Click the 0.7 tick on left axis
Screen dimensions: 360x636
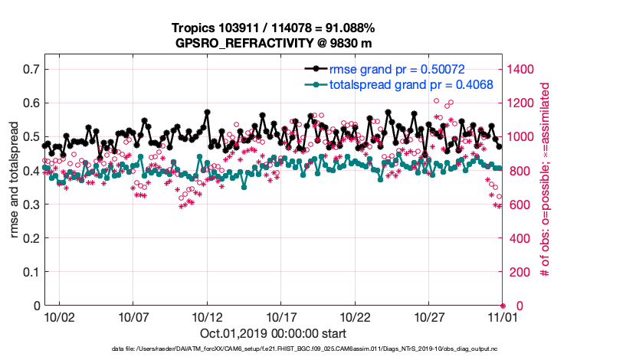(31, 69)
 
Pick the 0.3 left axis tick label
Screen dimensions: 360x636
(31, 205)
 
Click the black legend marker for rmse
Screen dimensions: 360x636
(314, 69)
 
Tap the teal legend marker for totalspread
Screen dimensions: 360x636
(314, 85)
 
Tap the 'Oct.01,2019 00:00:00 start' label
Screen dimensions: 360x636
(272, 333)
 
